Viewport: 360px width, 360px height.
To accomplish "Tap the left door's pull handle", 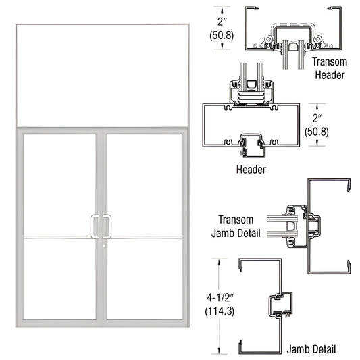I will pyautogui.click(x=95, y=226).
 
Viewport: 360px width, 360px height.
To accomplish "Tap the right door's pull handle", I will pyautogui.click(x=107, y=226).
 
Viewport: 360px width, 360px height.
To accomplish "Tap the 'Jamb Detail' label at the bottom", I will pyautogui.click(x=310, y=349).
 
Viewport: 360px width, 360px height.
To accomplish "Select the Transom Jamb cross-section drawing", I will pyautogui.click(x=311, y=226).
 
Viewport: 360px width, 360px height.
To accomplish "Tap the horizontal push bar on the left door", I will pyautogui.click(x=57, y=237).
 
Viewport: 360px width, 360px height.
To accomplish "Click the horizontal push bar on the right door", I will pyautogui.click(x=145, y=237).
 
